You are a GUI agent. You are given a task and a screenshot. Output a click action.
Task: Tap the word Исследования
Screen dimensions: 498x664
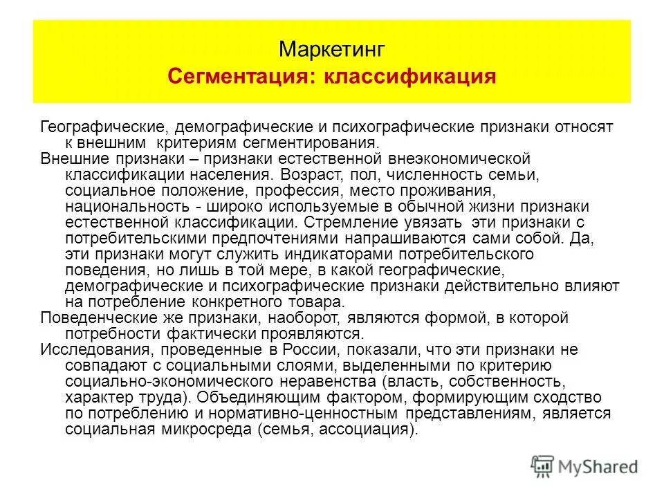coord(86,349)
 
